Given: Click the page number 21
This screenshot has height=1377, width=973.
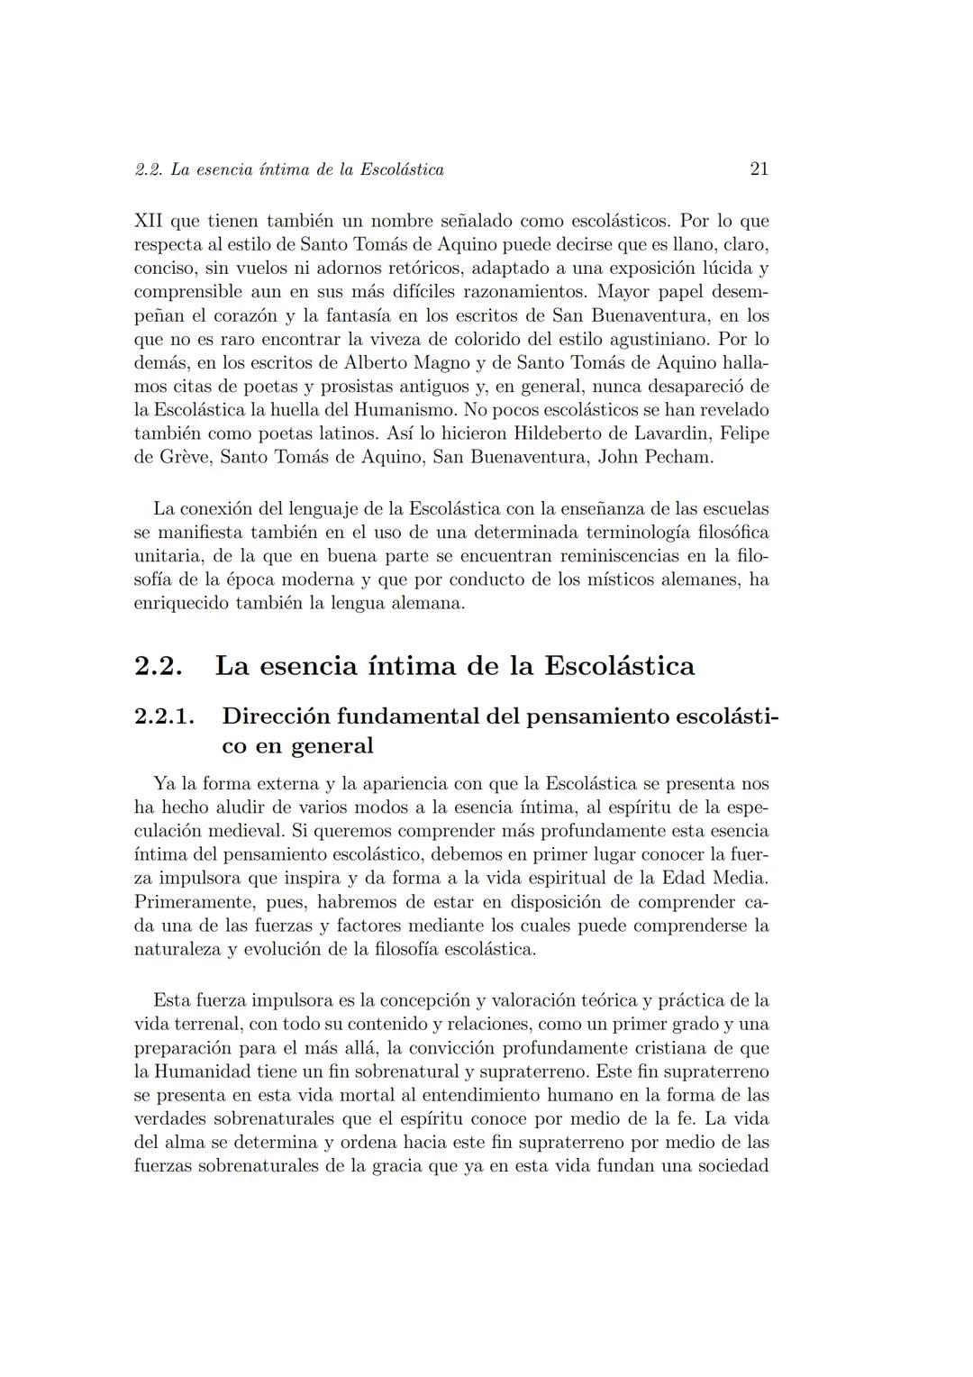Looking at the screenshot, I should click(759, 169).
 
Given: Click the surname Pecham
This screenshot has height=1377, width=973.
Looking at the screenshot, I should click(677, 457).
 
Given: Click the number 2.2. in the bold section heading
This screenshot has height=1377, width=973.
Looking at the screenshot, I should click(159, 666).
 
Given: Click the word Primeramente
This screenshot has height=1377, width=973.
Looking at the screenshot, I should click(189, 902).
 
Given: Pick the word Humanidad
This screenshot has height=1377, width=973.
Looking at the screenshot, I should click(204, 1072).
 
